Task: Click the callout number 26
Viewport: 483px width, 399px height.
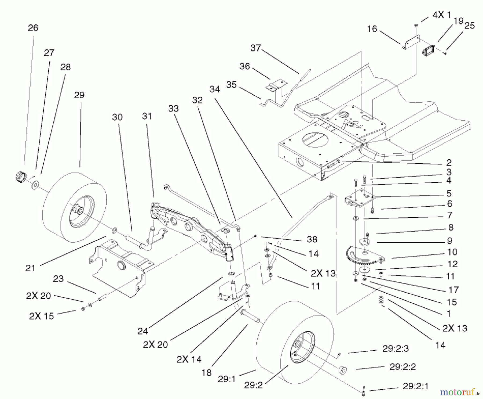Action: coord(33,28)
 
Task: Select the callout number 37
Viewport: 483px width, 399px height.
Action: coord(255,48)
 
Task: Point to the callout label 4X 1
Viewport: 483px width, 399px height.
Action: coord(441,15)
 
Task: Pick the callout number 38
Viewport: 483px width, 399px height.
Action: coord(312,239)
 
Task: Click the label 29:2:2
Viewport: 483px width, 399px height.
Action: coord(402,367)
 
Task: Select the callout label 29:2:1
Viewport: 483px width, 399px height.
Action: coord(415,386)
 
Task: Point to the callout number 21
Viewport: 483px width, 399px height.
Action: coord(30,268)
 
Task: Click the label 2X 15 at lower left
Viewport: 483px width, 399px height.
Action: coord(42,316)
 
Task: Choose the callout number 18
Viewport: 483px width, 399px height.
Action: coord(207,373)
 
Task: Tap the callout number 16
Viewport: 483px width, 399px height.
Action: coord(372,29)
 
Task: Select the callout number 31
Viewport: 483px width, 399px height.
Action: coord(147,116)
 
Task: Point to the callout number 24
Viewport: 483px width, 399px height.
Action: coord(142,331)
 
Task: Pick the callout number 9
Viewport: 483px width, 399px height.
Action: coord(450,241)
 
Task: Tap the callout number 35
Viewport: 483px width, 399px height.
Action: coord(231,85)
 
